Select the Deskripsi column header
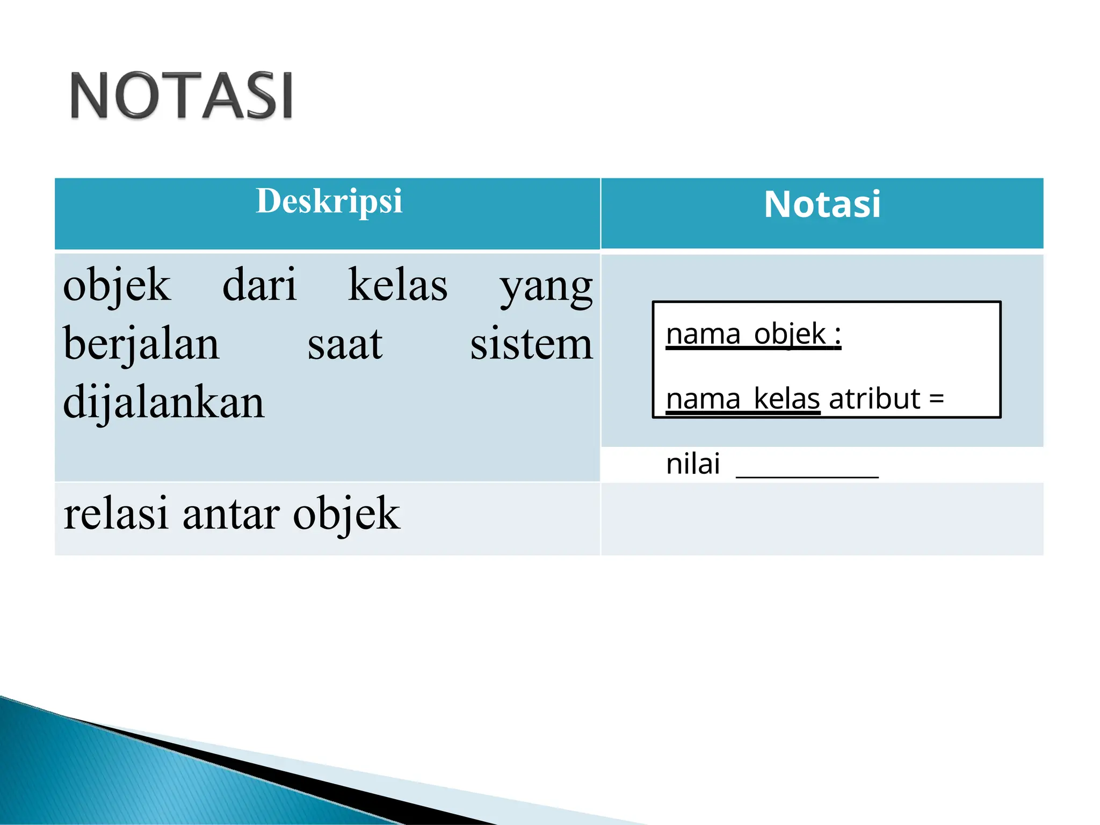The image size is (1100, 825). [329, 201]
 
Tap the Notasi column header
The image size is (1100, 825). [822, 205]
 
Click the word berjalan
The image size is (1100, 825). [141, 344]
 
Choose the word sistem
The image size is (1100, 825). [531, 344]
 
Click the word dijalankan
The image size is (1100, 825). [164, 402]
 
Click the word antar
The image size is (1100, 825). [231, 515]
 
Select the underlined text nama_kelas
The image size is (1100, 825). [743, 399]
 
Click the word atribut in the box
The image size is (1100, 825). [874, 399]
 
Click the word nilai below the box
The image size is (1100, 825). [693, 464]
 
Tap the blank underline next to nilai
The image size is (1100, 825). [807, 475]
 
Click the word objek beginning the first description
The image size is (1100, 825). [117, 286]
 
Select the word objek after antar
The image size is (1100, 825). [346, 515]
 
